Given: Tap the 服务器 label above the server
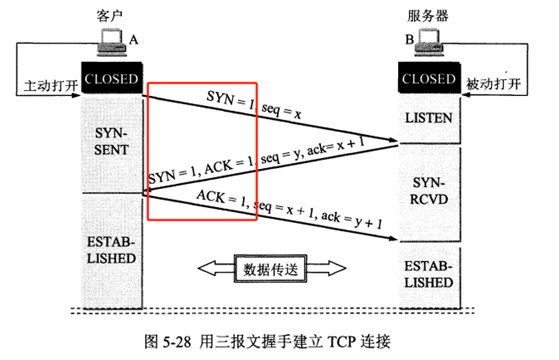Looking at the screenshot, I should click(428, 14).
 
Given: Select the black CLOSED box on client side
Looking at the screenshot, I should click(111, 79).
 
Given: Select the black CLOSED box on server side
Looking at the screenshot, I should click(429, 79).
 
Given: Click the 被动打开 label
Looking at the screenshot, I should click(493, 85).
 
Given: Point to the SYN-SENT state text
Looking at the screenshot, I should click(111, 142).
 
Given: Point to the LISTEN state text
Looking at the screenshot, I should click(429, 118).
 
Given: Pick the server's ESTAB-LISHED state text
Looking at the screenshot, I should click(429, 273).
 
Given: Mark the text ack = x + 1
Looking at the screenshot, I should click(335, 146).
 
